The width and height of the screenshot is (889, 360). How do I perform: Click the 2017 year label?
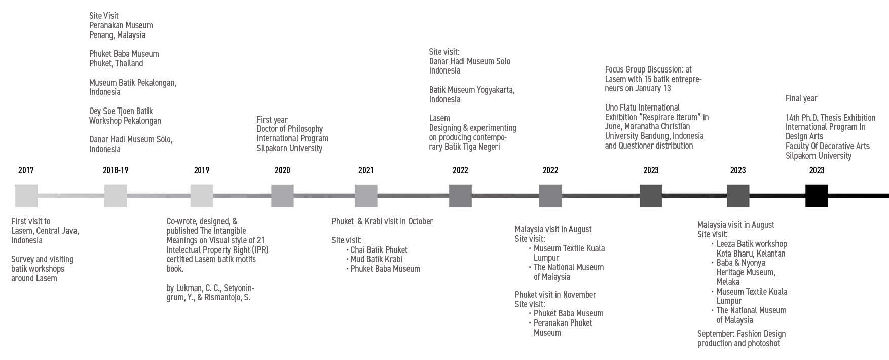click(26, 170)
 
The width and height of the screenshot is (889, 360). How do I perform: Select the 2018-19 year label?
click(116, 170)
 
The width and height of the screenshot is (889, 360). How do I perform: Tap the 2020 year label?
click(282, 170)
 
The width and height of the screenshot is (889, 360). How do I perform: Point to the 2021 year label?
click(365, 170)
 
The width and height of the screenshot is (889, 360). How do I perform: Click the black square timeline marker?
click(817, 196)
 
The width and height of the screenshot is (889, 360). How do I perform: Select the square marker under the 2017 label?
click(26, 196)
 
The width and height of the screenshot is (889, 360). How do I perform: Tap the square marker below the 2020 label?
click(282, 196)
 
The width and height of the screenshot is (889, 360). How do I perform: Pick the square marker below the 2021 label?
click(366, 196)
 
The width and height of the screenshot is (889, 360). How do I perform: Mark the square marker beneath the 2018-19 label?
click(116, 196)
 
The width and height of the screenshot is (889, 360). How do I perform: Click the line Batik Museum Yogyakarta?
click(472, 90)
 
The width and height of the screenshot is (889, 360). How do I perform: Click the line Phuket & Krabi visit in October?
click(383, 221)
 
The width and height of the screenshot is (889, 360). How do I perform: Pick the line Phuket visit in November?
click(555, 295)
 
